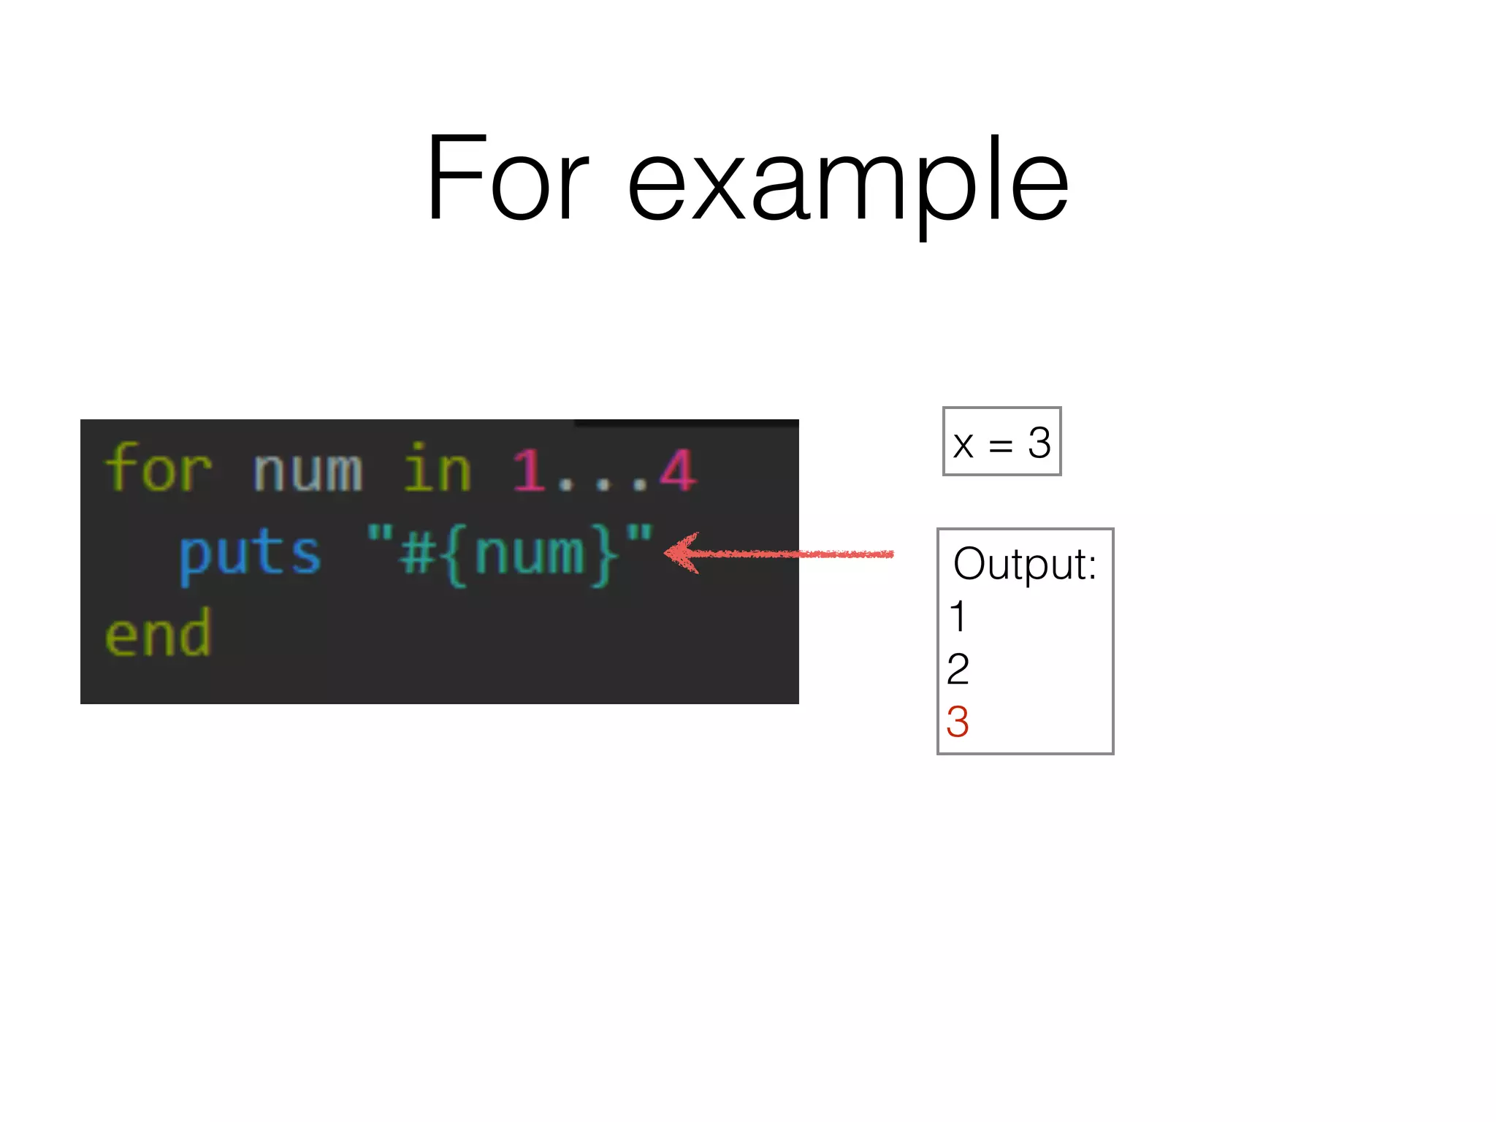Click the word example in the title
click(x=848, y=183)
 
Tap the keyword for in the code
click(x=159, y=469)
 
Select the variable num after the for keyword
click(x=308, y=471)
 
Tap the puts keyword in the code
click(x=250, y=554)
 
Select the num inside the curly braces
click(x=530, y=554)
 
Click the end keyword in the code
click(x=158, y=634)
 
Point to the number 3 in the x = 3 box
click(x=1039, y=443)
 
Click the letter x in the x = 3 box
click(x=963, y=445)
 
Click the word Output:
click(x=1025, y=565)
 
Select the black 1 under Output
click(x=958, y=617)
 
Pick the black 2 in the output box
click(x=958, y=669)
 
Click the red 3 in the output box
click(x=958, y=722)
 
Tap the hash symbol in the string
click(x=418, y=554)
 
